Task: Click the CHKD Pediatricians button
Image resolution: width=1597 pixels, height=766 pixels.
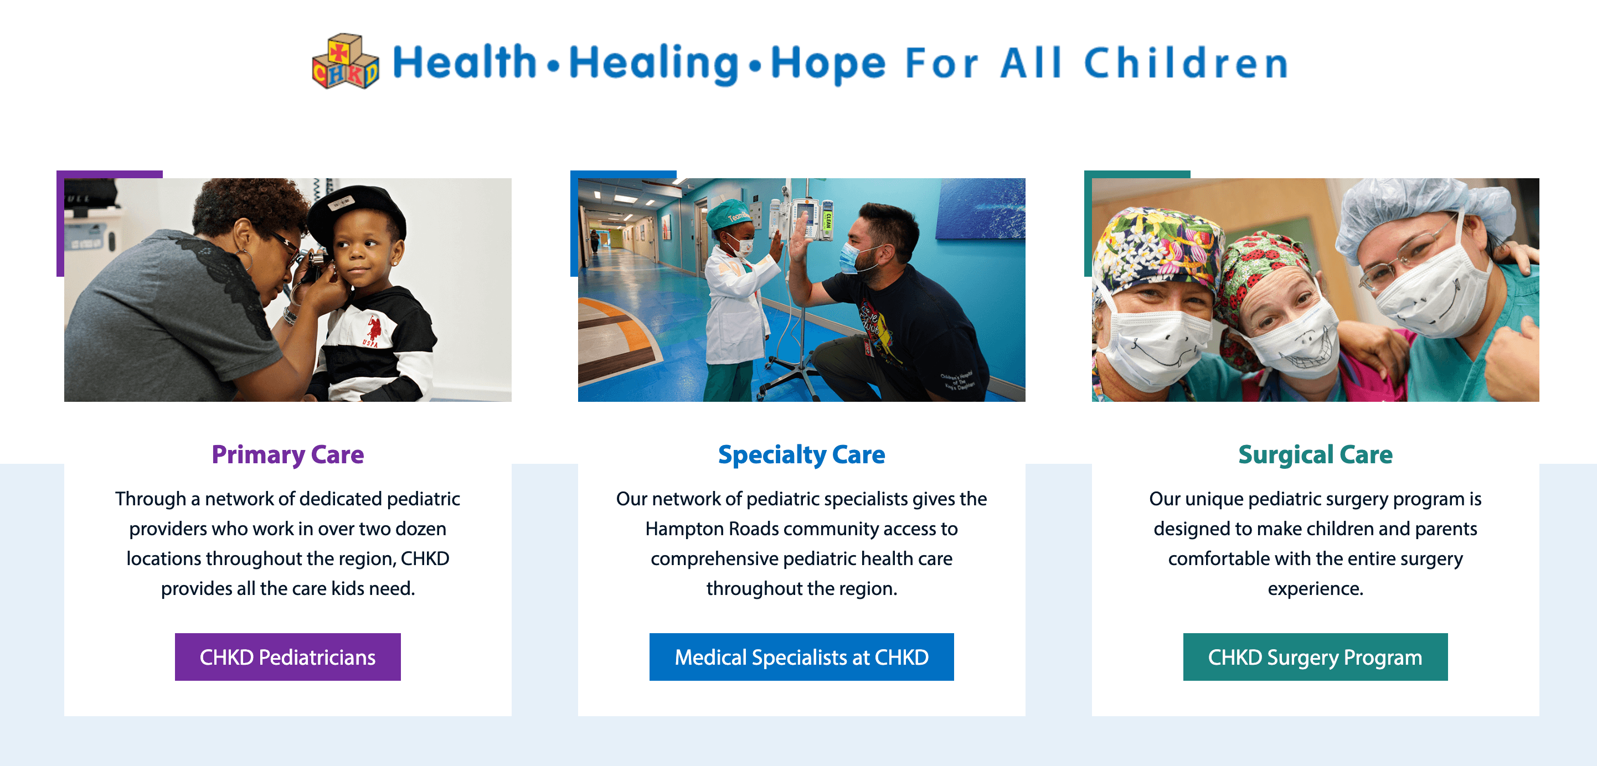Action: click(287, 657)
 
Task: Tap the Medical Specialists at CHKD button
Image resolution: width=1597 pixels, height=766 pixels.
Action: click(802, 657)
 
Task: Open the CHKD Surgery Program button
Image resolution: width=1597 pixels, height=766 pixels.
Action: click(1316, 657)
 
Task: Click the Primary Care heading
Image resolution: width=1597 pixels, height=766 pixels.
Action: click(287, 455)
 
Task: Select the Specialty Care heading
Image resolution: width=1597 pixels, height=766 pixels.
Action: click(802, 455)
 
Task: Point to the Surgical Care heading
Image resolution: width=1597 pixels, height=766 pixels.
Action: click(1316, 455)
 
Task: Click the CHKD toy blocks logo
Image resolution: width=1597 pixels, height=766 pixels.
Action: click(346, 61)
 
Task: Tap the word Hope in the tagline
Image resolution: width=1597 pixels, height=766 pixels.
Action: click(828, 64)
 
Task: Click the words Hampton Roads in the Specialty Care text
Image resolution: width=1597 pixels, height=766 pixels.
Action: click(712, 529)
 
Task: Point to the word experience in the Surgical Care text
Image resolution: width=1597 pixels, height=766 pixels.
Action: click(1316, 589)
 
